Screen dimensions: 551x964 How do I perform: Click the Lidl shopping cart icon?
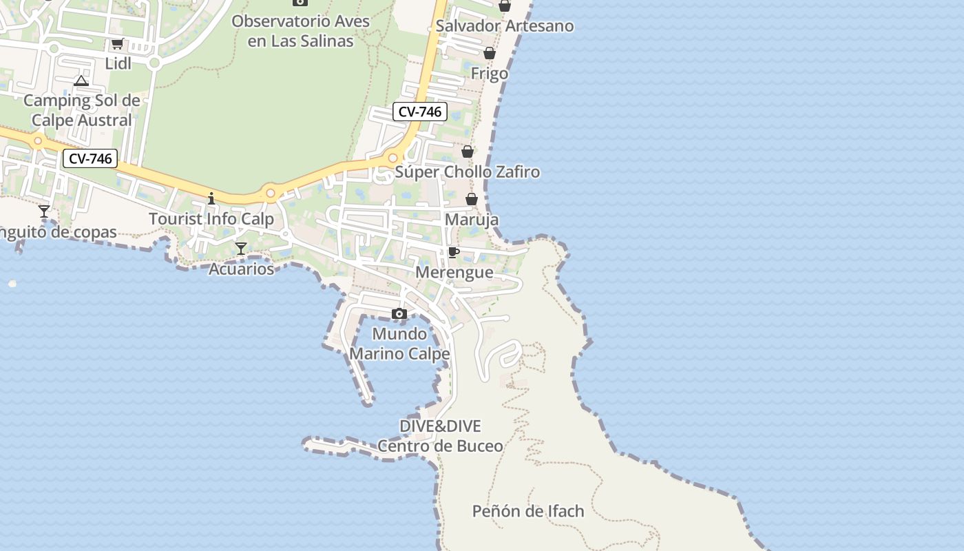(x=117, y=44)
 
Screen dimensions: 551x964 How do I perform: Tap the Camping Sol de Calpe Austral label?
(x=82, y=110)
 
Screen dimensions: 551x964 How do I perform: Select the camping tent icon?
(x=81, y=81)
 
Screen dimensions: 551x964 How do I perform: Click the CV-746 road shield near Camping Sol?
(x=90, y=158)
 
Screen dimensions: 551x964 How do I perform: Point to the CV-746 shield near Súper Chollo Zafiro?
(x=420, y=112)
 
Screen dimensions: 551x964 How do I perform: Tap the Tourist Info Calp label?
(x=211, y=219)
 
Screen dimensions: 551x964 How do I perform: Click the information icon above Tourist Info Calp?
(x=211, y=199)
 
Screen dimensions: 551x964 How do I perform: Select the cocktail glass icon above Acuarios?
(x=240, y=249)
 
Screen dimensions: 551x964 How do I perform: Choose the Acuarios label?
(x=241, y=269)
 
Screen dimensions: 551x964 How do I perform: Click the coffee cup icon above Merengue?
(x=453, y=252)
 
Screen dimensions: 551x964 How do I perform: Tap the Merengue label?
(x=454, y=272)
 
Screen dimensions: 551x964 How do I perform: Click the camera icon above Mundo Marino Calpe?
(x=399, y=314)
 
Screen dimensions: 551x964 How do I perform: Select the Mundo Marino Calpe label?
(x=399, y=344)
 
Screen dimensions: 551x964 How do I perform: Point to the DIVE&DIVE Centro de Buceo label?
(x=440, y=436)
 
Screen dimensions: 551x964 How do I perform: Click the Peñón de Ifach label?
(x=527, y=511)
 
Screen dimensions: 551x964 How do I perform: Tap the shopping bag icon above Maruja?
(x=472, y=199)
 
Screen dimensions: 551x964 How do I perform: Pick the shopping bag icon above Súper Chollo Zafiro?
(x=468, y=152)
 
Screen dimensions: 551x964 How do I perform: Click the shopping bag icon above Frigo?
(x=490, y=53)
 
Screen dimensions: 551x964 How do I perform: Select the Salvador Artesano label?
(x=505, y=26)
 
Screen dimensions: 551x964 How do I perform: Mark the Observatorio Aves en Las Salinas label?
(x=300, y=31)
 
